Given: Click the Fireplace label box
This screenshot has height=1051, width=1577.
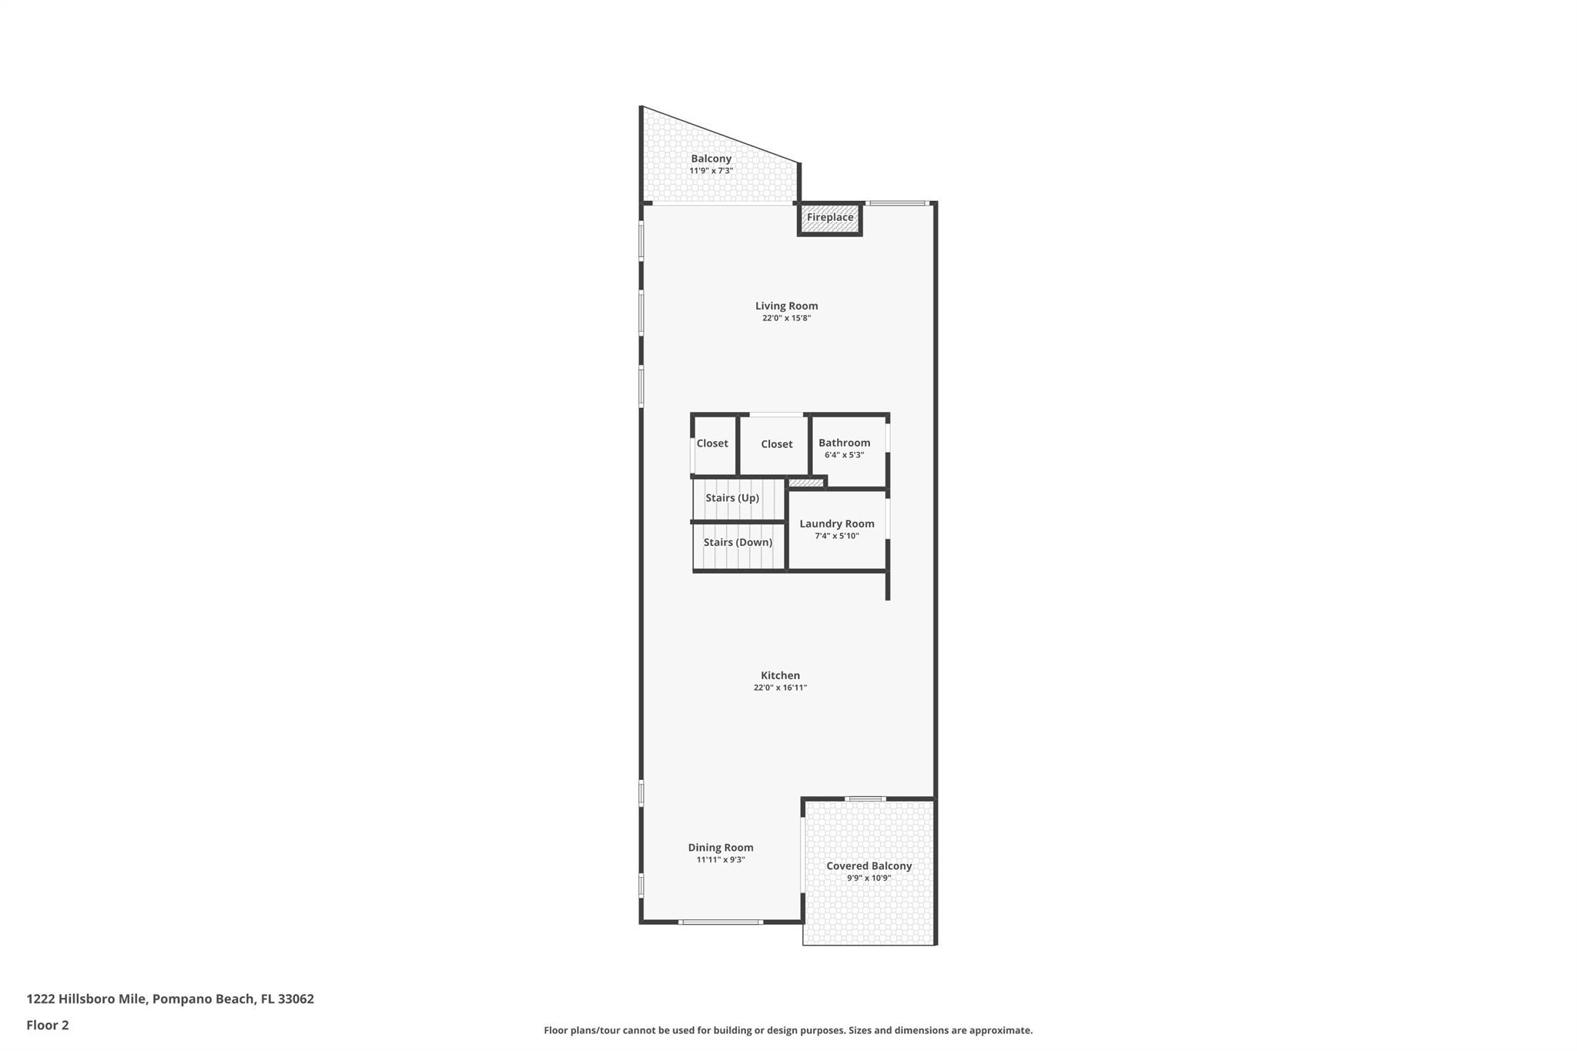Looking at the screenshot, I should (829, 218).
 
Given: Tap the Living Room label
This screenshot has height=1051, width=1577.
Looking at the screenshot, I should (786, 306).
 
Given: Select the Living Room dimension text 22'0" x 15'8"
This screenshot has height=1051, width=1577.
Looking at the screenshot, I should (786, 318).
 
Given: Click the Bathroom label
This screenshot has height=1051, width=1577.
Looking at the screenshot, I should (844, 443).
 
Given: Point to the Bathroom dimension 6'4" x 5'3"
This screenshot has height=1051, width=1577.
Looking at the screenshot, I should (844, 455).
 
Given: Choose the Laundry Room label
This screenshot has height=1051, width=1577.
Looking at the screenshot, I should (836, 524).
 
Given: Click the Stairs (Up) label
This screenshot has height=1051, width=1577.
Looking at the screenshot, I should (732, 498).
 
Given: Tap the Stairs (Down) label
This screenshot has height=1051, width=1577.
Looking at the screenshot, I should (738, 542).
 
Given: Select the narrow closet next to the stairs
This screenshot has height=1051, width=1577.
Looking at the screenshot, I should (712, 443).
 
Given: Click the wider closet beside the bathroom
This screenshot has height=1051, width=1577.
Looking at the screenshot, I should (776, 444).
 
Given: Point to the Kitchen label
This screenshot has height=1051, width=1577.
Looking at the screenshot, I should (780, 675).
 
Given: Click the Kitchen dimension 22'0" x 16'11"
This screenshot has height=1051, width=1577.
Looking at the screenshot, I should (780, 688).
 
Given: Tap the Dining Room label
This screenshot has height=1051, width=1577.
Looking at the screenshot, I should (721, 848).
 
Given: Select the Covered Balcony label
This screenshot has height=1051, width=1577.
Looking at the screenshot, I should (869, 866).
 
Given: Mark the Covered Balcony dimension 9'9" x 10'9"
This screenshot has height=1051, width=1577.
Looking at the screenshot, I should (869, 879).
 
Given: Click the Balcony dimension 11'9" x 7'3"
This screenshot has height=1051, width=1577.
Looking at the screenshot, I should (711, 171).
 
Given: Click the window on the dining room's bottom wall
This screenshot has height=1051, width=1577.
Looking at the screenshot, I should (721, 922).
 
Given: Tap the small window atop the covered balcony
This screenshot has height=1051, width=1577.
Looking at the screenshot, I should (865, 798).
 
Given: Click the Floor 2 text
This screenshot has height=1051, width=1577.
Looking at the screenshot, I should (48, 1025).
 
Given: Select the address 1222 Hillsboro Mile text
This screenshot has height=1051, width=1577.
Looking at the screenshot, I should (170, 999).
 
